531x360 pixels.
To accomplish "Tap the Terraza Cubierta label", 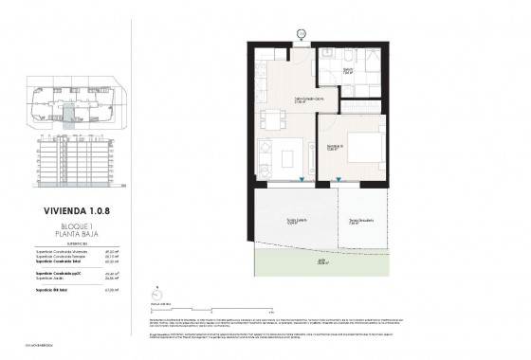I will point(298,223).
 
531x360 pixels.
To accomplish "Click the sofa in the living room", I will point(267,154).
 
